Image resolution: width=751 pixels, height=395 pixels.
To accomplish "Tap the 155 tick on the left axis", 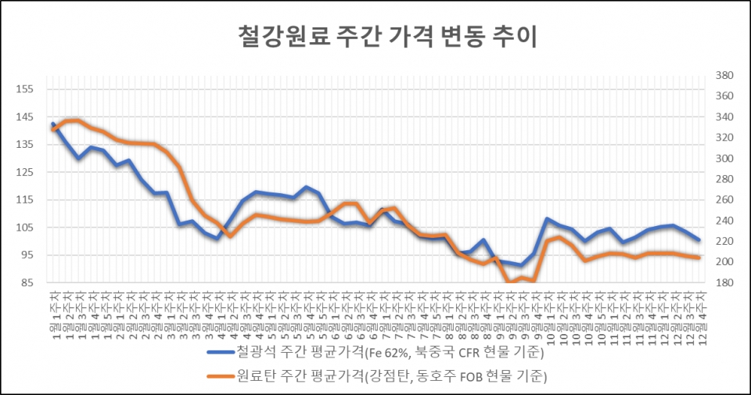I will click(24, 89).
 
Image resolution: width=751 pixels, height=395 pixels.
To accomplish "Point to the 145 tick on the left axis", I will click(24, 117).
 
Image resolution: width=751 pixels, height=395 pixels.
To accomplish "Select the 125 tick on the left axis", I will click(24, 172).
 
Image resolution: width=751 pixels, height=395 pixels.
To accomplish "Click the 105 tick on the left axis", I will click(24, 228).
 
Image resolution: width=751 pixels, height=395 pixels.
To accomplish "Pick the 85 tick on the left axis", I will click(24, 282).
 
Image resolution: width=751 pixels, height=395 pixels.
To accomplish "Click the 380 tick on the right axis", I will click(724, 76).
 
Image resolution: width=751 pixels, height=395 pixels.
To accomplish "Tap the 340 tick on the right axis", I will click(724, 117).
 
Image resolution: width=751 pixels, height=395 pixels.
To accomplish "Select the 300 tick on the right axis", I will click(724, 159).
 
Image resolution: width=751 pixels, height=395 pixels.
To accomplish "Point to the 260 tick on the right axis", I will click(724, 200).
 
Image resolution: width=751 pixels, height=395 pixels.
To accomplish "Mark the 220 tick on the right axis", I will click(724, 241).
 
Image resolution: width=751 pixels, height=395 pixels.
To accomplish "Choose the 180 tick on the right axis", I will click(724, 282).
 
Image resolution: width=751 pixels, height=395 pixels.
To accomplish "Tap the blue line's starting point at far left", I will click(53, 124).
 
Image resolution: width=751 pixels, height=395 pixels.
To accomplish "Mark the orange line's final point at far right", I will click(698, 257).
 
